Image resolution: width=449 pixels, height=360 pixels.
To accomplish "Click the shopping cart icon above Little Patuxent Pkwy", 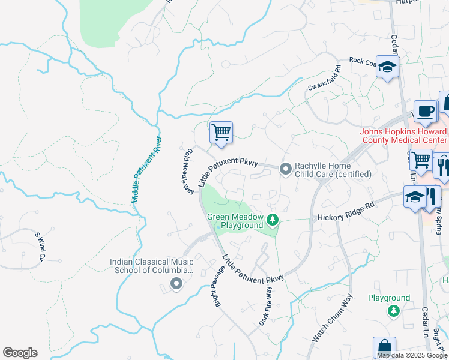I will pyautogui.click(x=221, y=132).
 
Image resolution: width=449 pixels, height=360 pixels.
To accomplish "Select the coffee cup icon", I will pyautogui.click(x=425, y=111).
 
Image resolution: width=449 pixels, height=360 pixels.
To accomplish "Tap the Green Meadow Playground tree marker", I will pyautogui.click(x=273, y=221).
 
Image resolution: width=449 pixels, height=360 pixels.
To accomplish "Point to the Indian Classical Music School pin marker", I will pyautogui.click(x=175, y=284).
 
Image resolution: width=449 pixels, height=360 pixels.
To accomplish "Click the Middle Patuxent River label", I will pyautogui.click(x=146, y=169).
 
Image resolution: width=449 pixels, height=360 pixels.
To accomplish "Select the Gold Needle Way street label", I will pyautogui.click(x=187, y=171).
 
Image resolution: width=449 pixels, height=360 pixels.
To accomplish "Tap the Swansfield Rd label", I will pyautogui.click(x=324, y=79).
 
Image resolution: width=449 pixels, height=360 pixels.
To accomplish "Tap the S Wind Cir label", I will pyautogui.click(x=40, y=247).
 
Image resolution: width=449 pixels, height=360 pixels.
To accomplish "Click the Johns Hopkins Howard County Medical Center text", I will pyautogui.click(x=403, y=136).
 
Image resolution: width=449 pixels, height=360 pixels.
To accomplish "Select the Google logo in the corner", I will pyautogui.click(x=20, y=353).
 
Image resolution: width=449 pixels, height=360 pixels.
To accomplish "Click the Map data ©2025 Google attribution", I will pyautogui.click(x=412, y=355).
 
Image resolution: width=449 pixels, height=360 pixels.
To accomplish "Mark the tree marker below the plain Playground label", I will pyautogui.click(x=393, y=310).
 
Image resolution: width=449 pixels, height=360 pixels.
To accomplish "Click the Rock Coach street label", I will pyautogui.click(x=363, y=61).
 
